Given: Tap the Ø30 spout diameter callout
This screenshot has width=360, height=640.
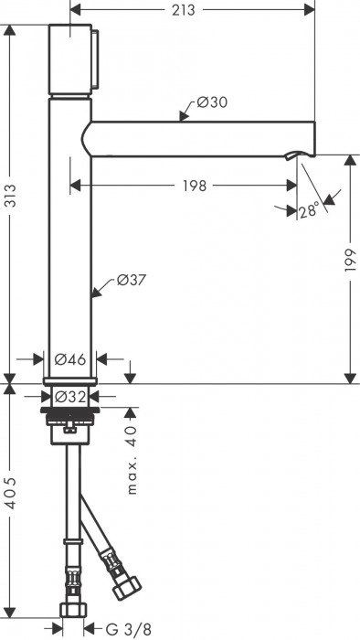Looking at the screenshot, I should click(x=213, y=103).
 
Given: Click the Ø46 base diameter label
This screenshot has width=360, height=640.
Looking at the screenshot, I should click(x=69, y=359).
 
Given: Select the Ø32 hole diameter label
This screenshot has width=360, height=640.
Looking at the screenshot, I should click(x=69, y=397).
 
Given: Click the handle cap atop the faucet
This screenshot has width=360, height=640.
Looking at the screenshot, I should click(x=70, y=57).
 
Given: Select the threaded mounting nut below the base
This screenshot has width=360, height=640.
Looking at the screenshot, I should click(x=69, y=421).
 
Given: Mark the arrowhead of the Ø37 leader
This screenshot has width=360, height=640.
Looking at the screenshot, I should click(x=94, y=293).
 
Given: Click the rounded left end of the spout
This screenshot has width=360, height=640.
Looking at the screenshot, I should click(x=87, y=138).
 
